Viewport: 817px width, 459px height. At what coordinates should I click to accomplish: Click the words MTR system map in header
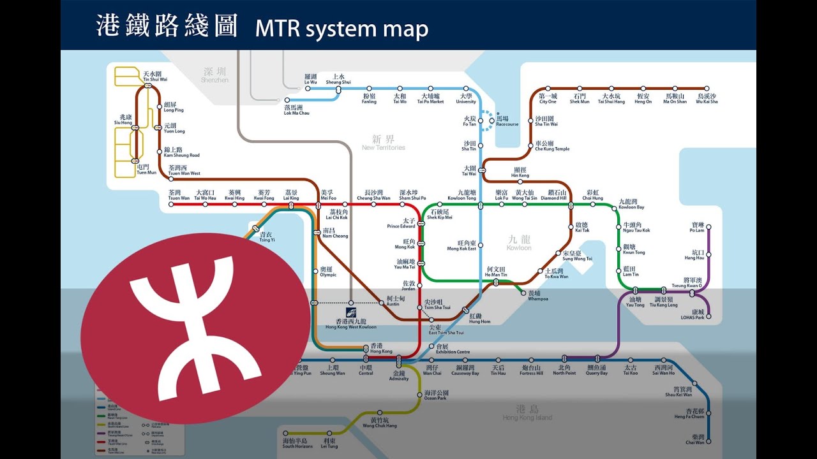click(x=341, y=29)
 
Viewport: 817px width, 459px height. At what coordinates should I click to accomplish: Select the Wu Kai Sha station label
click(x=707, y=98)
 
